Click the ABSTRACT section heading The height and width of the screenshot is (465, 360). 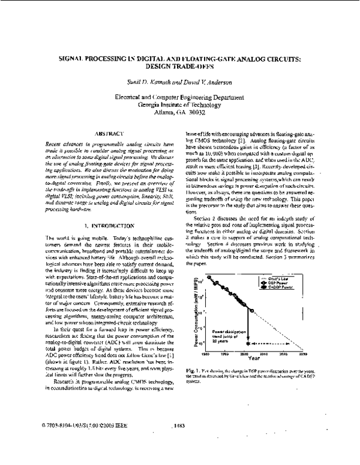109,131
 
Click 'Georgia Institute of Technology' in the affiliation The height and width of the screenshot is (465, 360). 180,103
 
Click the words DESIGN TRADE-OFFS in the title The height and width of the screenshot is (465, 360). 180,68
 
